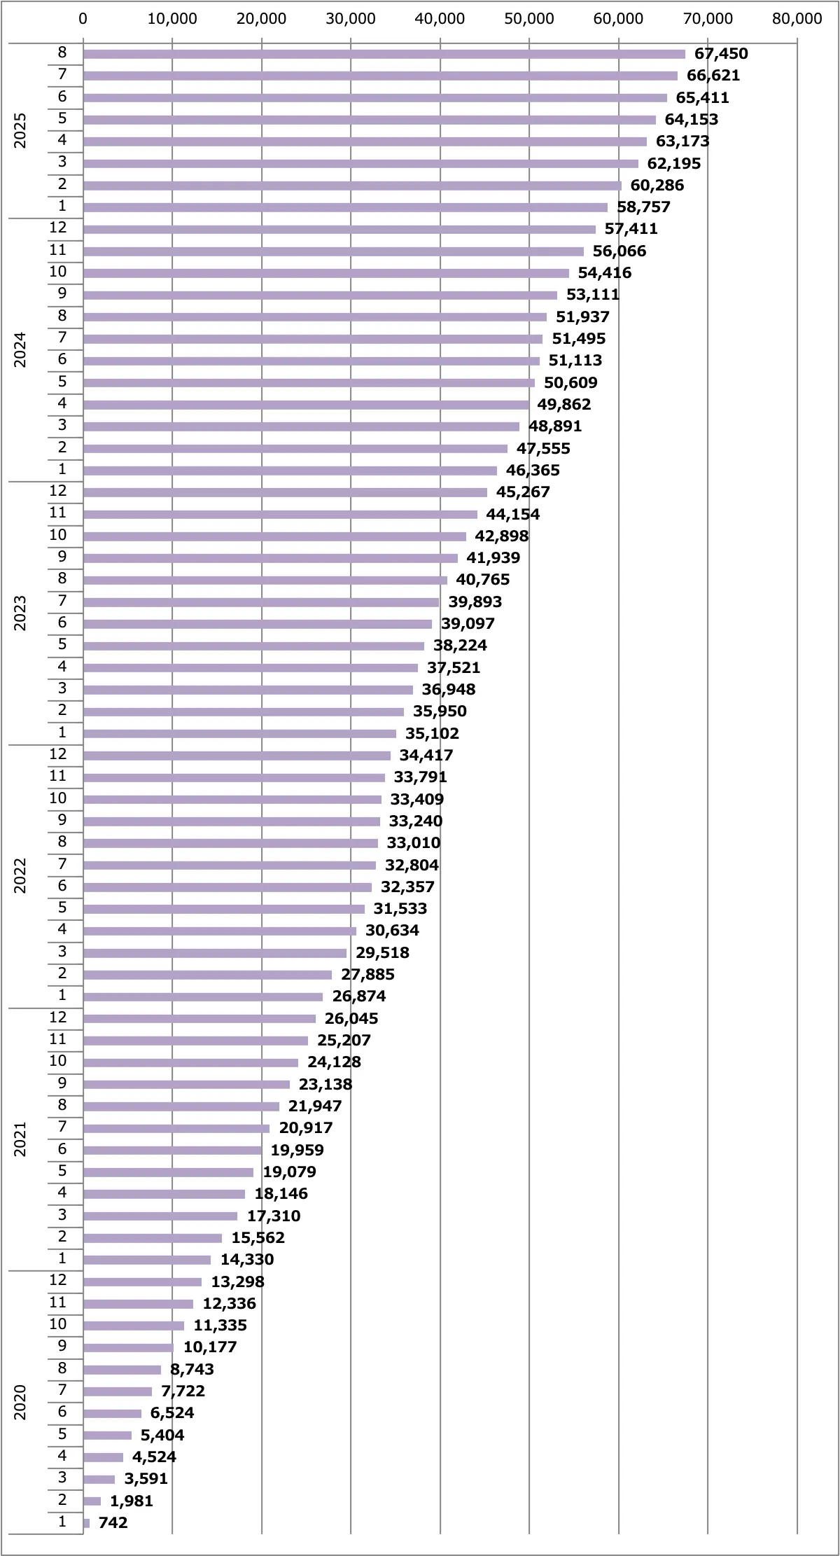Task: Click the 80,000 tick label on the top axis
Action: click(x=797, y=19)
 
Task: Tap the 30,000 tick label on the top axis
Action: click(x=351, y=19)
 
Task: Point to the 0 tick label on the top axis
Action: click(x=83, y=19)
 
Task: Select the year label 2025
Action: click(x=20, y=130)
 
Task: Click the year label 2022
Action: click(x=20, y=875)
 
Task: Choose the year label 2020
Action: click(x=20, y=1402)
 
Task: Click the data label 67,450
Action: click(x=721, y=54)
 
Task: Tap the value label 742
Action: click(x=113, y=1522)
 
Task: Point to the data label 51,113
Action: click(x=575, y=361)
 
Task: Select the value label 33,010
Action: click(x=414, y=843)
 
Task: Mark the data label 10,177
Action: click(x=210, y=1347)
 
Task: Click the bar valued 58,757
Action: click(x=345, y=207)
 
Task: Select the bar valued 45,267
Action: click(x=285, y=492)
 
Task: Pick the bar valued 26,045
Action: click(x=199, y=1019)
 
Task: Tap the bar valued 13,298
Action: click(x=142, y=1282)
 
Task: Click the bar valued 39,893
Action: click(x=261, y=602)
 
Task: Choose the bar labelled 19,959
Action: click(x=172, y=1151)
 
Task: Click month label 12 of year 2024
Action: click(x=58, y=228)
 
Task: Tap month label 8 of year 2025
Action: click(x=62, y=53)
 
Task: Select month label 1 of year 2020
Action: click(x=62, y=1521)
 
